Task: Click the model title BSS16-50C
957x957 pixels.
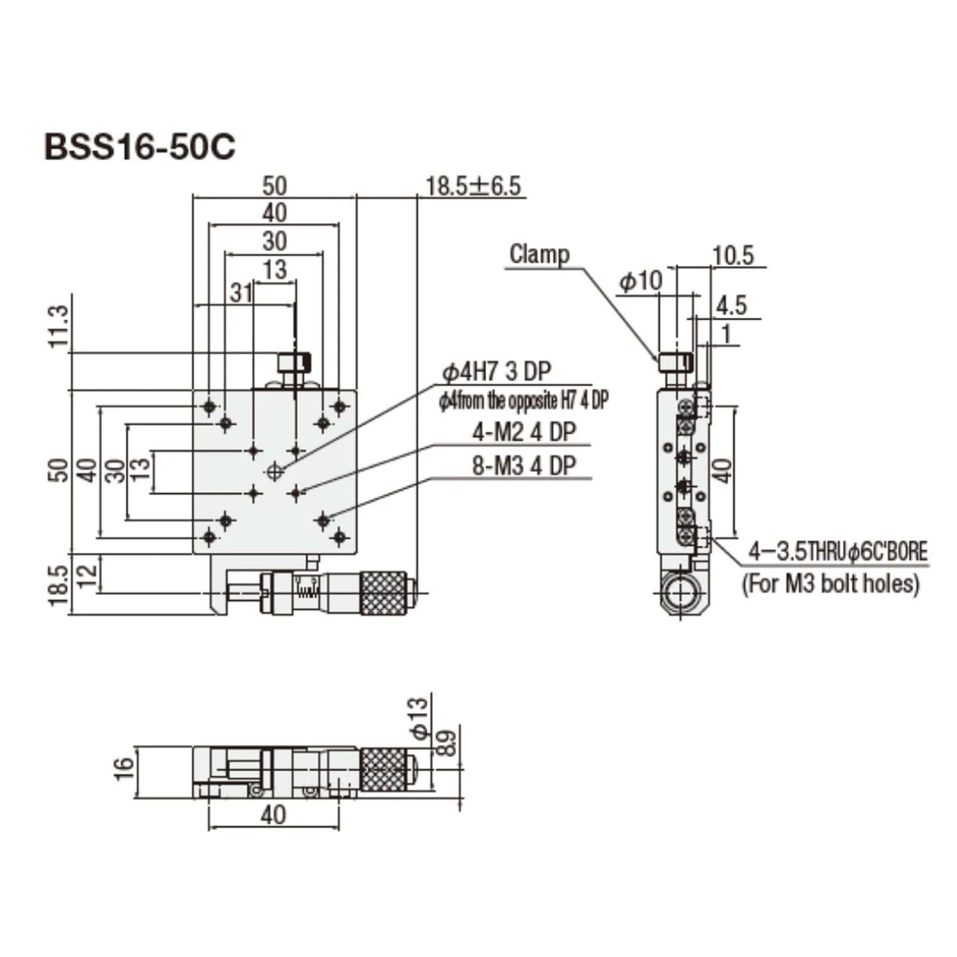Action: pos(140,147)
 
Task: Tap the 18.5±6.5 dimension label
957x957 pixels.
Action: pos(473,186)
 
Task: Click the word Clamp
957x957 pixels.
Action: pos(539,254)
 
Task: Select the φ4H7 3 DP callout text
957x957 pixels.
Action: pos(496,371)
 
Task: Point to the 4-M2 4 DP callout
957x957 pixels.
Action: pos(524,432)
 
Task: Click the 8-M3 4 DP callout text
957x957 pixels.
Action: pos(524,465)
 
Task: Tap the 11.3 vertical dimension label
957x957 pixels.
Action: pos(59,327)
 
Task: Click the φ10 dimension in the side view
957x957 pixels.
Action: pos(641,281)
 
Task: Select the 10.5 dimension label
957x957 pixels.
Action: pos(733,255)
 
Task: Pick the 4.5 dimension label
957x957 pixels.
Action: pos(732,306)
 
